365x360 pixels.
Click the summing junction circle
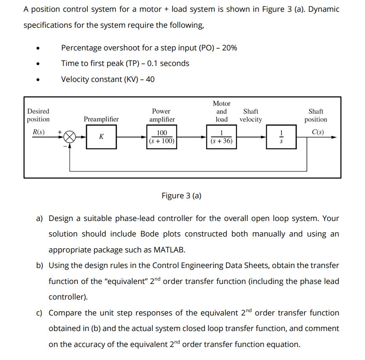70,137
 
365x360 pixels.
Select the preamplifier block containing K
101,137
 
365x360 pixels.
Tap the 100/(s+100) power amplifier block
161,137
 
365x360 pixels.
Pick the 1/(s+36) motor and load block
221,137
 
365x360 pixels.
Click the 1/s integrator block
282,137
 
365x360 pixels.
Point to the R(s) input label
39,131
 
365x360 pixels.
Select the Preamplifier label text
101,119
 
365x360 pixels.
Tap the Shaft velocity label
251,116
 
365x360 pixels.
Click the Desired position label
38,116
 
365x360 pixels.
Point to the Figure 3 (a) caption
181,196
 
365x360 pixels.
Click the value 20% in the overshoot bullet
229,48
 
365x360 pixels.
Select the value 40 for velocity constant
150,79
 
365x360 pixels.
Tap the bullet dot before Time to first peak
39,64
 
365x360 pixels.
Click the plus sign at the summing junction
60,131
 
